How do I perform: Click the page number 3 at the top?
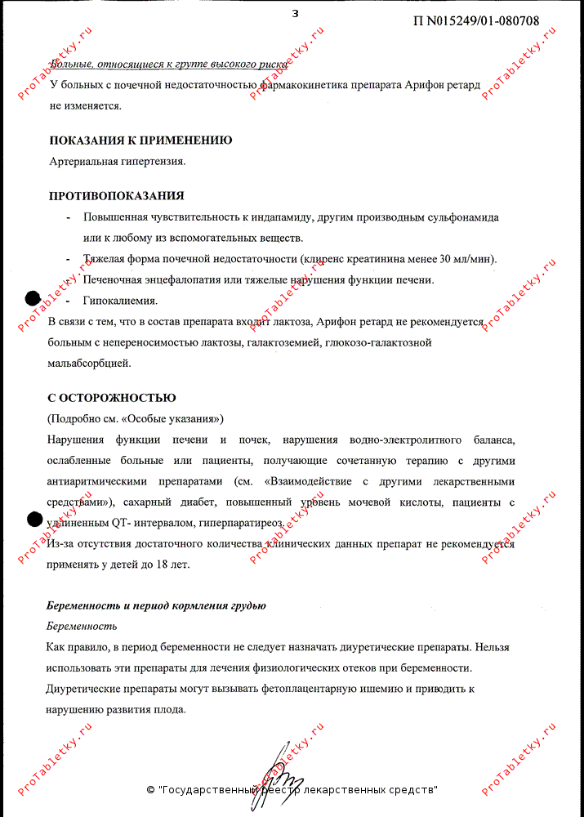click(x=295, y=13)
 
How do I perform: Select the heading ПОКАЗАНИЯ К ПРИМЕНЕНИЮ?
click(x=140, y=141)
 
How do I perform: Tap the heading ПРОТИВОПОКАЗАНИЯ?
click(x=116, y=196)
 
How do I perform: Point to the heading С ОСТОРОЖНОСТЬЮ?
click(x=112, y=398)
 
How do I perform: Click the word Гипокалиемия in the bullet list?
click(x=120, y=301)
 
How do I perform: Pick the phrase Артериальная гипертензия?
click(x=117, y=161)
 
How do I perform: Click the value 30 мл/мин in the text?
click(x=466, y=259)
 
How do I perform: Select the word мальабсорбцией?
click(x=89, y=363)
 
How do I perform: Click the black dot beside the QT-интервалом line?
click(x=35, y=518)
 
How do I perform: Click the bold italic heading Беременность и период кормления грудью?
click(x=156, y=605)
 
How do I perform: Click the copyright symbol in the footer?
click(x=150, y=790)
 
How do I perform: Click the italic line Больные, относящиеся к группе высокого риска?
click(x=168, y=64)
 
